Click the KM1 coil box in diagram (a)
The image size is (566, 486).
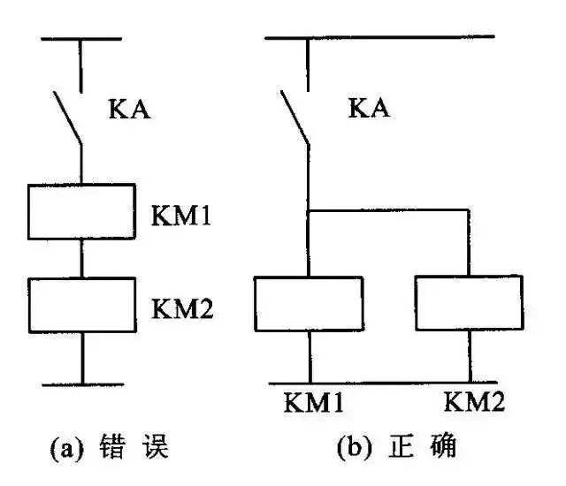pos(81,211)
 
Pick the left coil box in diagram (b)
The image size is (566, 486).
pos(309,303)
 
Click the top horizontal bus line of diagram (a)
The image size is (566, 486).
pos(81,39)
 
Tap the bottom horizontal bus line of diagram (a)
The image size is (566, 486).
pos(81,384)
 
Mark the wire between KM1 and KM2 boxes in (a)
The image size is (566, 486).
pos(81,258)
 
